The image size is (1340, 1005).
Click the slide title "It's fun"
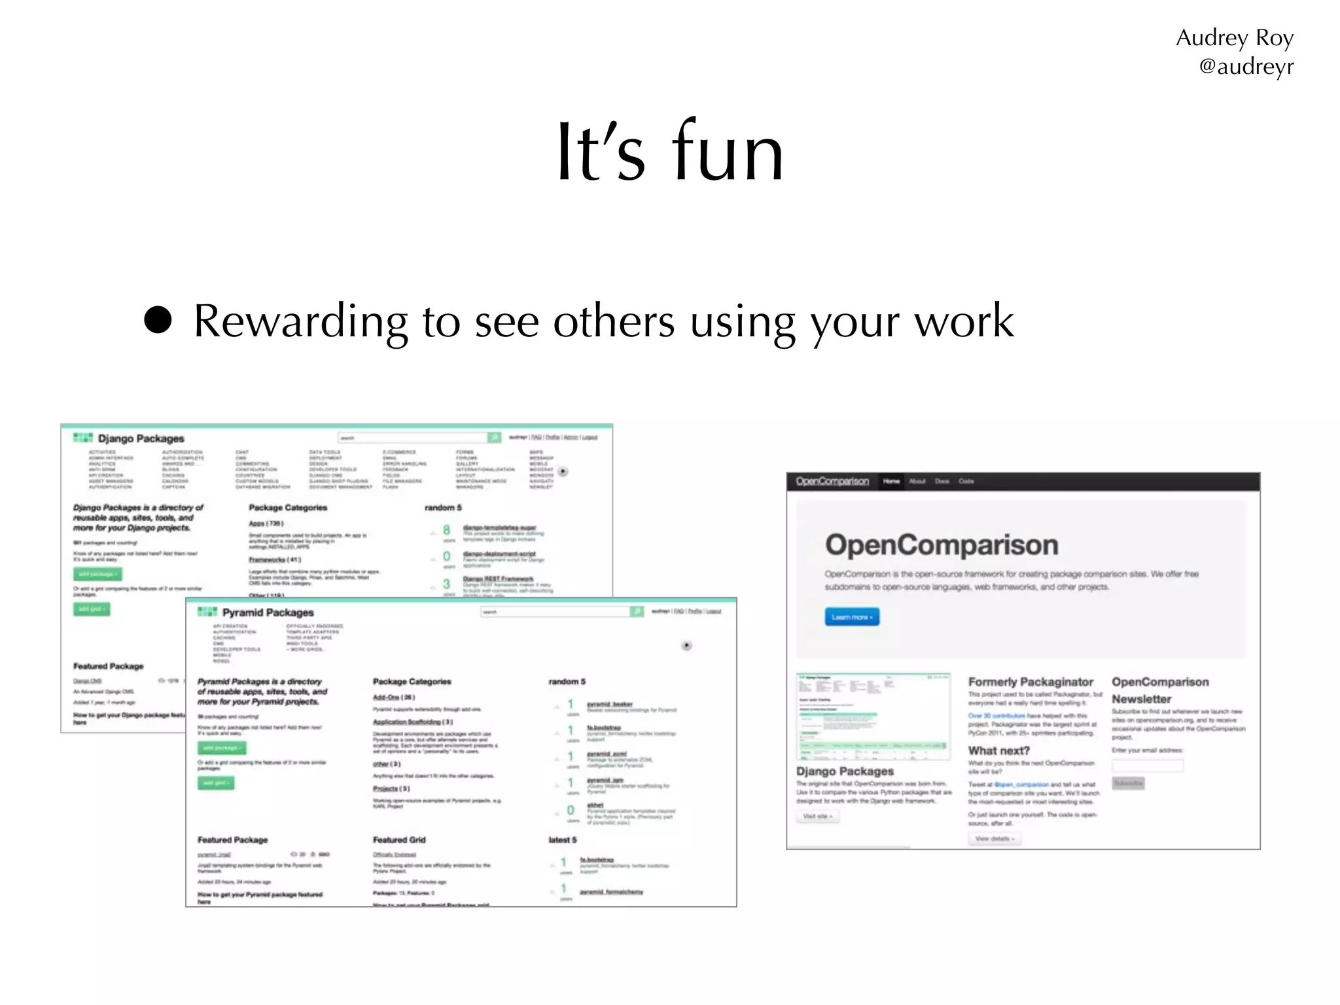[x=669, y=152]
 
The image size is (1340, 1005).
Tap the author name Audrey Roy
[x=1234, y=38]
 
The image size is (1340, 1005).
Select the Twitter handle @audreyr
[x=1246, y=67]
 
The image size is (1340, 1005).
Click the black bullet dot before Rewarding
[x=158, y=320]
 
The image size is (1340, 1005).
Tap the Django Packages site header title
[x=141, y=438]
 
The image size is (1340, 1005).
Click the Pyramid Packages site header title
[x=268, y=612]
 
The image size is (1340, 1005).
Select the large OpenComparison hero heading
[x=942, y=545]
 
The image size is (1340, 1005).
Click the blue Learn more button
[x=852, y=617]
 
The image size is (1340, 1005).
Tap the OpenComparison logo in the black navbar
[x=832, y=482]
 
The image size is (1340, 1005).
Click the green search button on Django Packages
[x=495, y=437]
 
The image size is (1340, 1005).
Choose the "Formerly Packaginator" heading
[x=1031, y=682]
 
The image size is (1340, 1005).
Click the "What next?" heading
[x=998, y=750]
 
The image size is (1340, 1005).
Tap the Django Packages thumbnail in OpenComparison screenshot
[x=873, y=716]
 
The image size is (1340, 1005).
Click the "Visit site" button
[x=817, y=817]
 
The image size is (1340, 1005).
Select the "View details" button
[x=994, y=839]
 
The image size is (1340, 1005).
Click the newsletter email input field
[x=1148, y=765]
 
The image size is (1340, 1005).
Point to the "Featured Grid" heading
[x=399, y=840]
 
